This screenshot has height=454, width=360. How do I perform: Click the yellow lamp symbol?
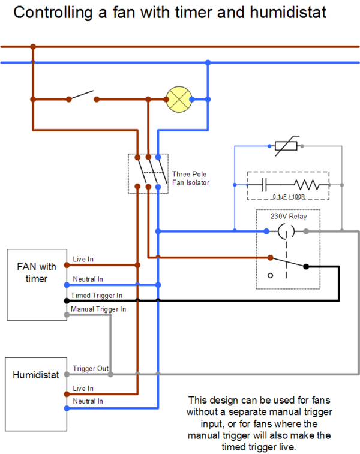pos(179,100)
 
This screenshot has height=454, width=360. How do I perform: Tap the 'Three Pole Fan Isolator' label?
pos(191,178)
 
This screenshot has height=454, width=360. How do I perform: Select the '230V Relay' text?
pos(289,216)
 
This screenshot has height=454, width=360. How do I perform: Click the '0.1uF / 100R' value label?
pos(289,197)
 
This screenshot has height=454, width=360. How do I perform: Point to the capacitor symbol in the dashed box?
pos(264,185)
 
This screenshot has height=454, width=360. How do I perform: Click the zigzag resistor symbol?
pos(307,185)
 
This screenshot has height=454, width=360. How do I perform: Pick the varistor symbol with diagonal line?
pos(286,146)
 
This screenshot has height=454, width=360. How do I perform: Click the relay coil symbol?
pos(286,231)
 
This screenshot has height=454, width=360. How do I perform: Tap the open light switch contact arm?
pos(82,95)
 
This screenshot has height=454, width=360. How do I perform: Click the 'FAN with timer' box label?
pos(37,272)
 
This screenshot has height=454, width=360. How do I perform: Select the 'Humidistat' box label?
pos(36,375)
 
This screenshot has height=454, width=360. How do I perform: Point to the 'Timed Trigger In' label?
pos(97,295)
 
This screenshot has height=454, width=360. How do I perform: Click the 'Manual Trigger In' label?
pos(98,309)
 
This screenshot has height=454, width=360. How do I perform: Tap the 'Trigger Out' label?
pos(91,368)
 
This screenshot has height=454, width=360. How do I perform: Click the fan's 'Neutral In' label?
pos(88,279)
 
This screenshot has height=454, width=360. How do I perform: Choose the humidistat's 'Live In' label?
pos(83,388)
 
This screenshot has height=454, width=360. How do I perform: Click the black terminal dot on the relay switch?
pos(306,267)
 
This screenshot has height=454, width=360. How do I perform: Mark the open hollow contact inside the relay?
pos(270,276)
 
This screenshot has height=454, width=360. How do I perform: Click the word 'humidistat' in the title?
pos(288,12)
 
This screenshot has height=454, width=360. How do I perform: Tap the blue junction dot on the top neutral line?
pos(208,62)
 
